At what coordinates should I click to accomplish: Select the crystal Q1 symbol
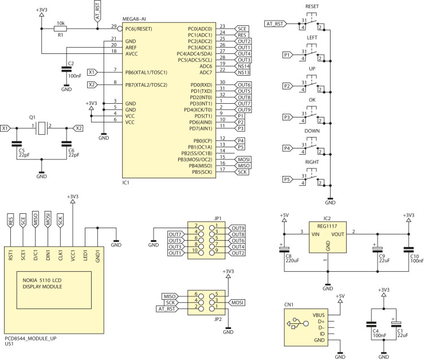(41, 128)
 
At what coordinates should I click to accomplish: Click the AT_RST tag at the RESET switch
(276, 24)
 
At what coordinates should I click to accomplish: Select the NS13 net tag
(244, 72)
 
